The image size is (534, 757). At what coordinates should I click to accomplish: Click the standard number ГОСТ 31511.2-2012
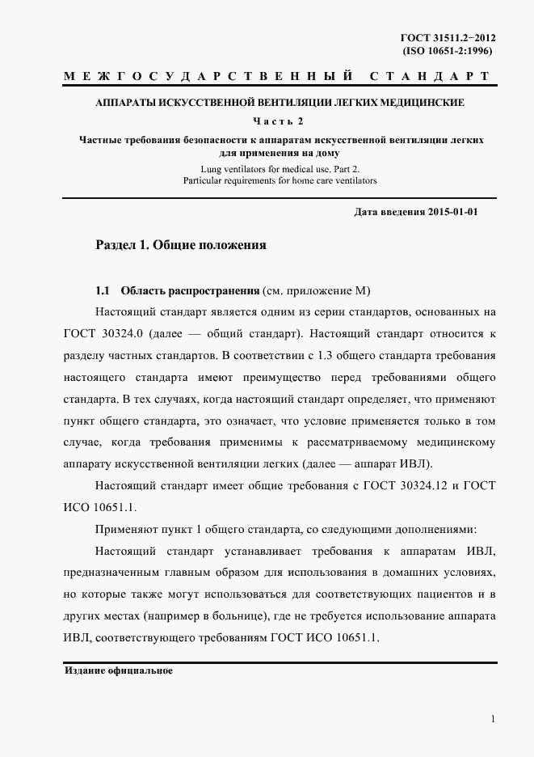pos(446,37)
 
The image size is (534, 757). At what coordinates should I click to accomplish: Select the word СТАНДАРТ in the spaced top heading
pos(429,77)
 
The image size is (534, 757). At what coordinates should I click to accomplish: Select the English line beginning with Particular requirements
pos(280,181)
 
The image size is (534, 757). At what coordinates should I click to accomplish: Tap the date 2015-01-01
pos(453,212)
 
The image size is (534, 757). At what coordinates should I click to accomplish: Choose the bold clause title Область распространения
pos(190,290)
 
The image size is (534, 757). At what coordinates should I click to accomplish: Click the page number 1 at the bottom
pos(492,719)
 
